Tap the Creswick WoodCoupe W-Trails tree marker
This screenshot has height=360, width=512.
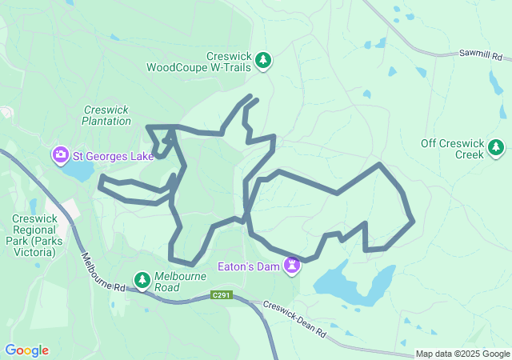[263, 60]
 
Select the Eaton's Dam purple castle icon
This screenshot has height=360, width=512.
[294, 265]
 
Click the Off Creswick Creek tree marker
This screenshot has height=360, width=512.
[496, 148]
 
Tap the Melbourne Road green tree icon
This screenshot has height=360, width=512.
[142, 280]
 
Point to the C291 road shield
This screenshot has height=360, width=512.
[222, 296]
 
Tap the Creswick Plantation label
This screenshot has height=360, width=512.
[106, 115]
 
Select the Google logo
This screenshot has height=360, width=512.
[26, 350]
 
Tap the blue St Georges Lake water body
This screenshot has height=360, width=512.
[78, 171]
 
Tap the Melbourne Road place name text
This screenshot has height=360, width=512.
[180, 282]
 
